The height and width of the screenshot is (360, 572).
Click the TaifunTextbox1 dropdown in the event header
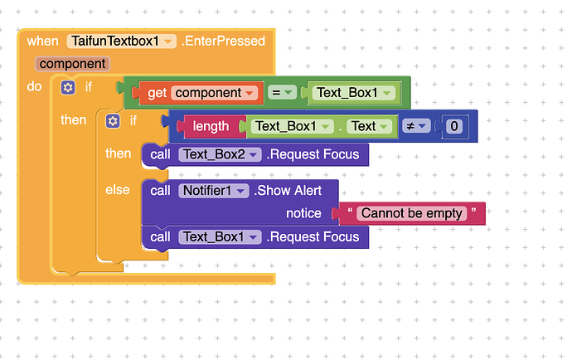[x=122, y=41]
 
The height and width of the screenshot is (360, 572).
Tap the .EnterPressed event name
[x=223, y=41]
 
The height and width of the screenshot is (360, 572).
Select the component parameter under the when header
[x=72, y=64]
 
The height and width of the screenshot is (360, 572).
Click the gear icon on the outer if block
[x=68, y=87]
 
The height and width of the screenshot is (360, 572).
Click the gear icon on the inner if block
[x=113, y=121]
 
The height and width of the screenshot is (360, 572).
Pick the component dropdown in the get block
[x=214, y=93]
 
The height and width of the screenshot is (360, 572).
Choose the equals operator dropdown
[x=282, y=93]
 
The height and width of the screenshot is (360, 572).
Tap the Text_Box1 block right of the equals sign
[x=353, y=93]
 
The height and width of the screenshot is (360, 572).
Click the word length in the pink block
[x=211, y=126]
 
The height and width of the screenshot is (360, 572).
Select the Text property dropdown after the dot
[x=369, y=126]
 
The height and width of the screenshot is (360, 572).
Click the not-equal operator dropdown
[x=416, y=126]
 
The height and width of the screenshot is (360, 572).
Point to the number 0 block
[x=454, y=126]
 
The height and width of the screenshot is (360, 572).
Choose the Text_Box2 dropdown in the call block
[x=220, y=154]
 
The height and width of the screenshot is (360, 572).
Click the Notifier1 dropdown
[x=213, y=191]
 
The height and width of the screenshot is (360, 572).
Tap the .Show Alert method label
[x=288, y=191]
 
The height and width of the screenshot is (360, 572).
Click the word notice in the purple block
[x=303, y=213]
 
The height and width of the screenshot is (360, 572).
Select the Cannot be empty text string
[x=412, y=213]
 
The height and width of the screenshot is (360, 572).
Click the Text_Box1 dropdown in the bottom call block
[x=220, y=237]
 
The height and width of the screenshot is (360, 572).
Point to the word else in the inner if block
[x=118, y=190]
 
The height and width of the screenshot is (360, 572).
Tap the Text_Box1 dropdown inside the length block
[x=292, y=126]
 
